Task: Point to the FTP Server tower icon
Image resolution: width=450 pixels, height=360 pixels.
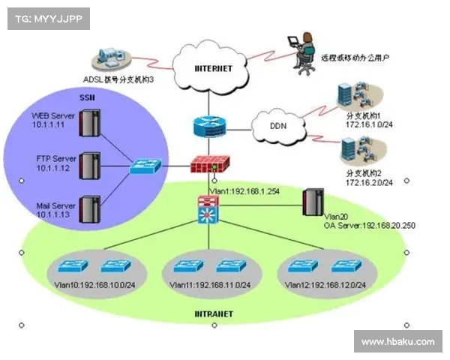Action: pos(89,164)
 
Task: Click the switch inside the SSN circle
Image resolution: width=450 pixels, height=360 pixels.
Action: pos(145,166)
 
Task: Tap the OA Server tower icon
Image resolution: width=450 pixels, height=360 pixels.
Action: pos(310,201)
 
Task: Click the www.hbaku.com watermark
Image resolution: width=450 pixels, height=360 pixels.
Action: pos(397,341)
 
